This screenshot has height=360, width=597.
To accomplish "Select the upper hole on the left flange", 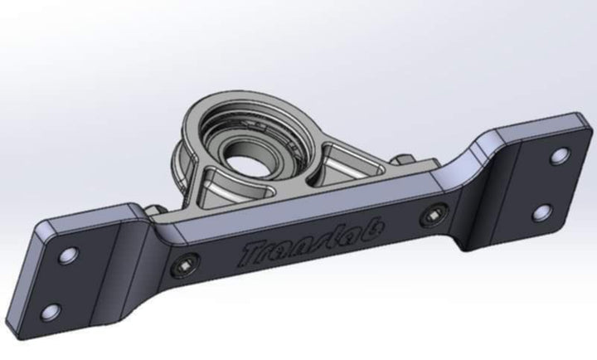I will point(70,253).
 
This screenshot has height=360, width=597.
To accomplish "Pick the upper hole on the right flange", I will point(560,155).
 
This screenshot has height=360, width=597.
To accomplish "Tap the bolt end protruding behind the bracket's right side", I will point(400,161).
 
